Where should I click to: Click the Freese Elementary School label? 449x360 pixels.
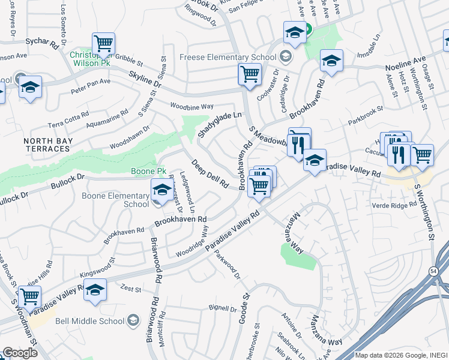coord(228,58)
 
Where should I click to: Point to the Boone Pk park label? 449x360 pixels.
coord(148,172)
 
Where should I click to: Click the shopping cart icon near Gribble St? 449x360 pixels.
coord(103,44)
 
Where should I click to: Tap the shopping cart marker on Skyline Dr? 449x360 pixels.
coord(249,74)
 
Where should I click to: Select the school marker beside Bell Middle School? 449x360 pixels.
coord(95,290)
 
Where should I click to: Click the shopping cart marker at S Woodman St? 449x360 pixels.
coord(29,296)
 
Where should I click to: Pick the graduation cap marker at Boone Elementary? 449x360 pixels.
coord(160,191)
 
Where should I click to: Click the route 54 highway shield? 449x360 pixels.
coord(433,272)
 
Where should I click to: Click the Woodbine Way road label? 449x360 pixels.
coord(192,106)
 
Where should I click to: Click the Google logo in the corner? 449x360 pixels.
coord(20,353)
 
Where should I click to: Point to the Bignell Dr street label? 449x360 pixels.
coord(223,309)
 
